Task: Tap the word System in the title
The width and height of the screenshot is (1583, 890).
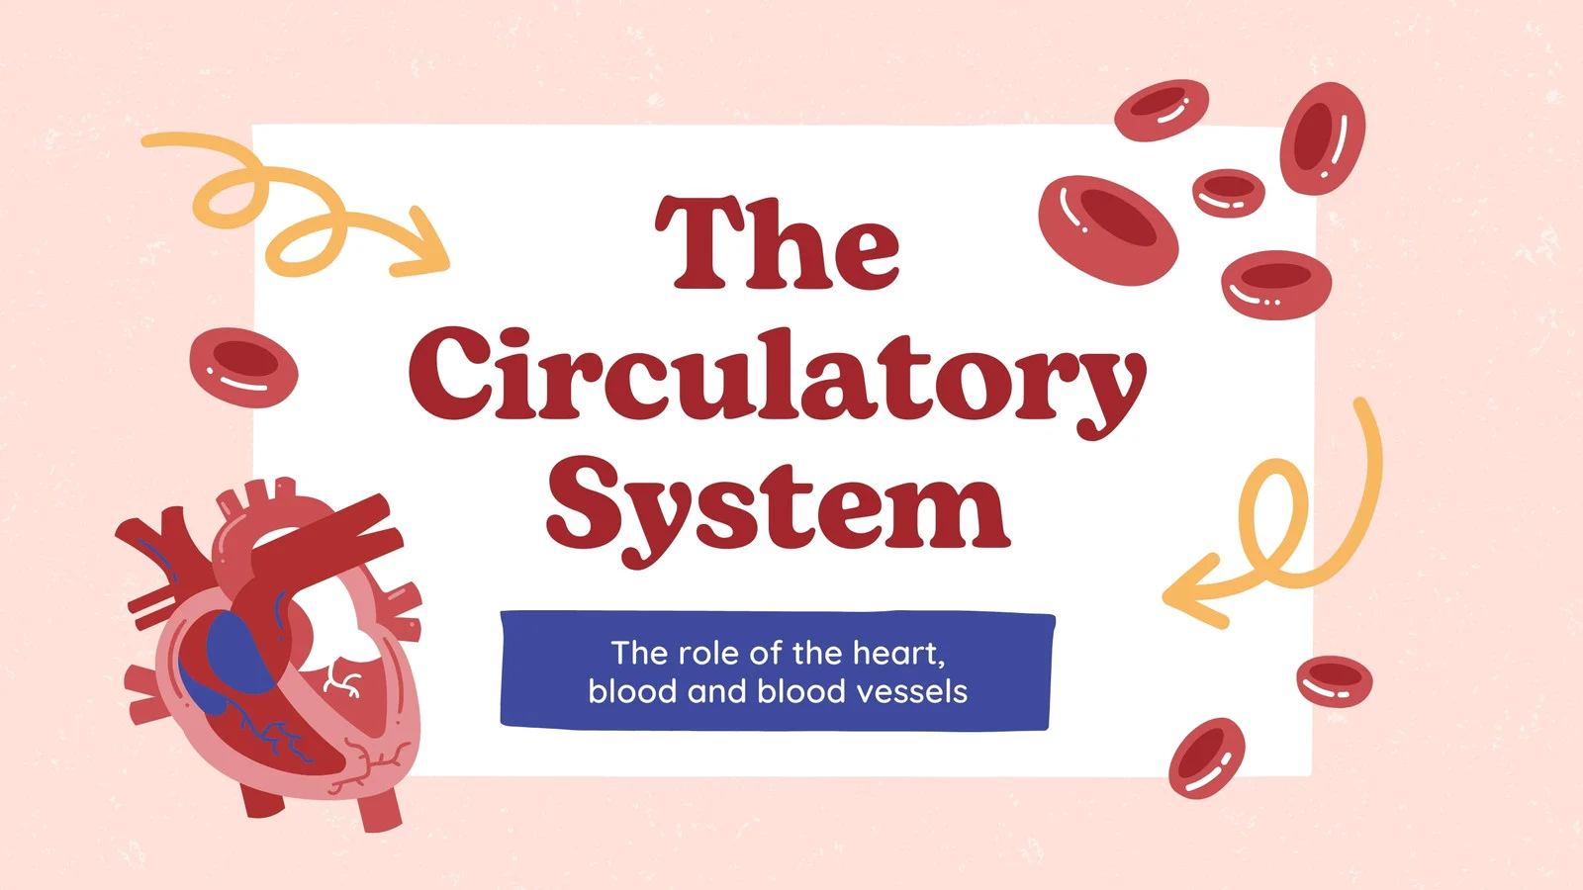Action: (778, 506)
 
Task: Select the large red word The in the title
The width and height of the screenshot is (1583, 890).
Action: (778, 242)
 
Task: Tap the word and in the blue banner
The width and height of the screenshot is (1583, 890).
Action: (716, 691)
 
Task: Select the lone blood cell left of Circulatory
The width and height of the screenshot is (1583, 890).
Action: (243, 367)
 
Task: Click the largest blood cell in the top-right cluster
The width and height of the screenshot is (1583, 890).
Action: (1108, 229)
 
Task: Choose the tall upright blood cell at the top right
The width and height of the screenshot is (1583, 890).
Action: (1322, 137)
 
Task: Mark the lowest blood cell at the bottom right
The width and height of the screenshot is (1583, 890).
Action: (1206, 757)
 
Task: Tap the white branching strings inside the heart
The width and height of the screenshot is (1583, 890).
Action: (343, 676)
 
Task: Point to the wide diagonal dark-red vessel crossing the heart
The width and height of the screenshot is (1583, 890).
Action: (318, 558)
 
